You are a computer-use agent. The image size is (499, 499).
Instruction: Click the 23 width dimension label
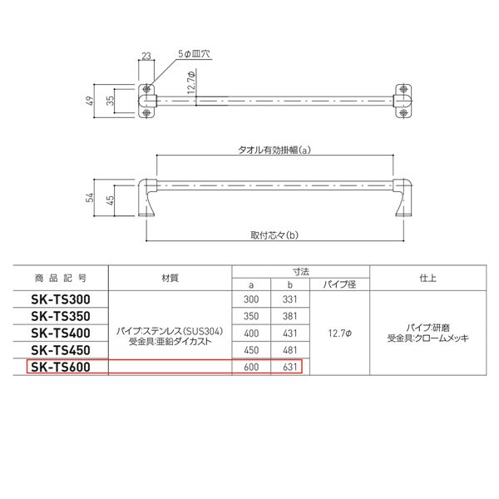point(146,56)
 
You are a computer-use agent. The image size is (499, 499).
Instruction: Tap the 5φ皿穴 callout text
point(194,54)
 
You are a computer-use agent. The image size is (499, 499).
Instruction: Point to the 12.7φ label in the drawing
point(191,82)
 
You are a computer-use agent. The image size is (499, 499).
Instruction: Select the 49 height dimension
point(91,101)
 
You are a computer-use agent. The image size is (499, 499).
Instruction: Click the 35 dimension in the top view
point(110,101)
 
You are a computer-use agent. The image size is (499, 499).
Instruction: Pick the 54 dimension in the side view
point(90,198)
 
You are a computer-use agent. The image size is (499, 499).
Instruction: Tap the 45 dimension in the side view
point(110,200)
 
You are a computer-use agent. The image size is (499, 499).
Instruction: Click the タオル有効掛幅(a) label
point(274,150)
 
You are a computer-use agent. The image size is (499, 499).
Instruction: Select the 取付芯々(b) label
point(274,235)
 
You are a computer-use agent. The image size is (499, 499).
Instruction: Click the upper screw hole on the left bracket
point(146,89)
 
